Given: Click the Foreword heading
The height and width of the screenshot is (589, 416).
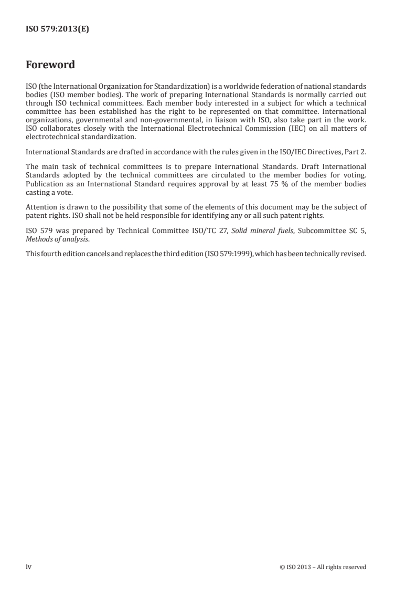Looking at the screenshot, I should point(50,65).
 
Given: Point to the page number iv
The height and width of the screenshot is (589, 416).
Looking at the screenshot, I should point(29,566).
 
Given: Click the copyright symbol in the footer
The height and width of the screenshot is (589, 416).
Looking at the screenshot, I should point(283,567).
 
